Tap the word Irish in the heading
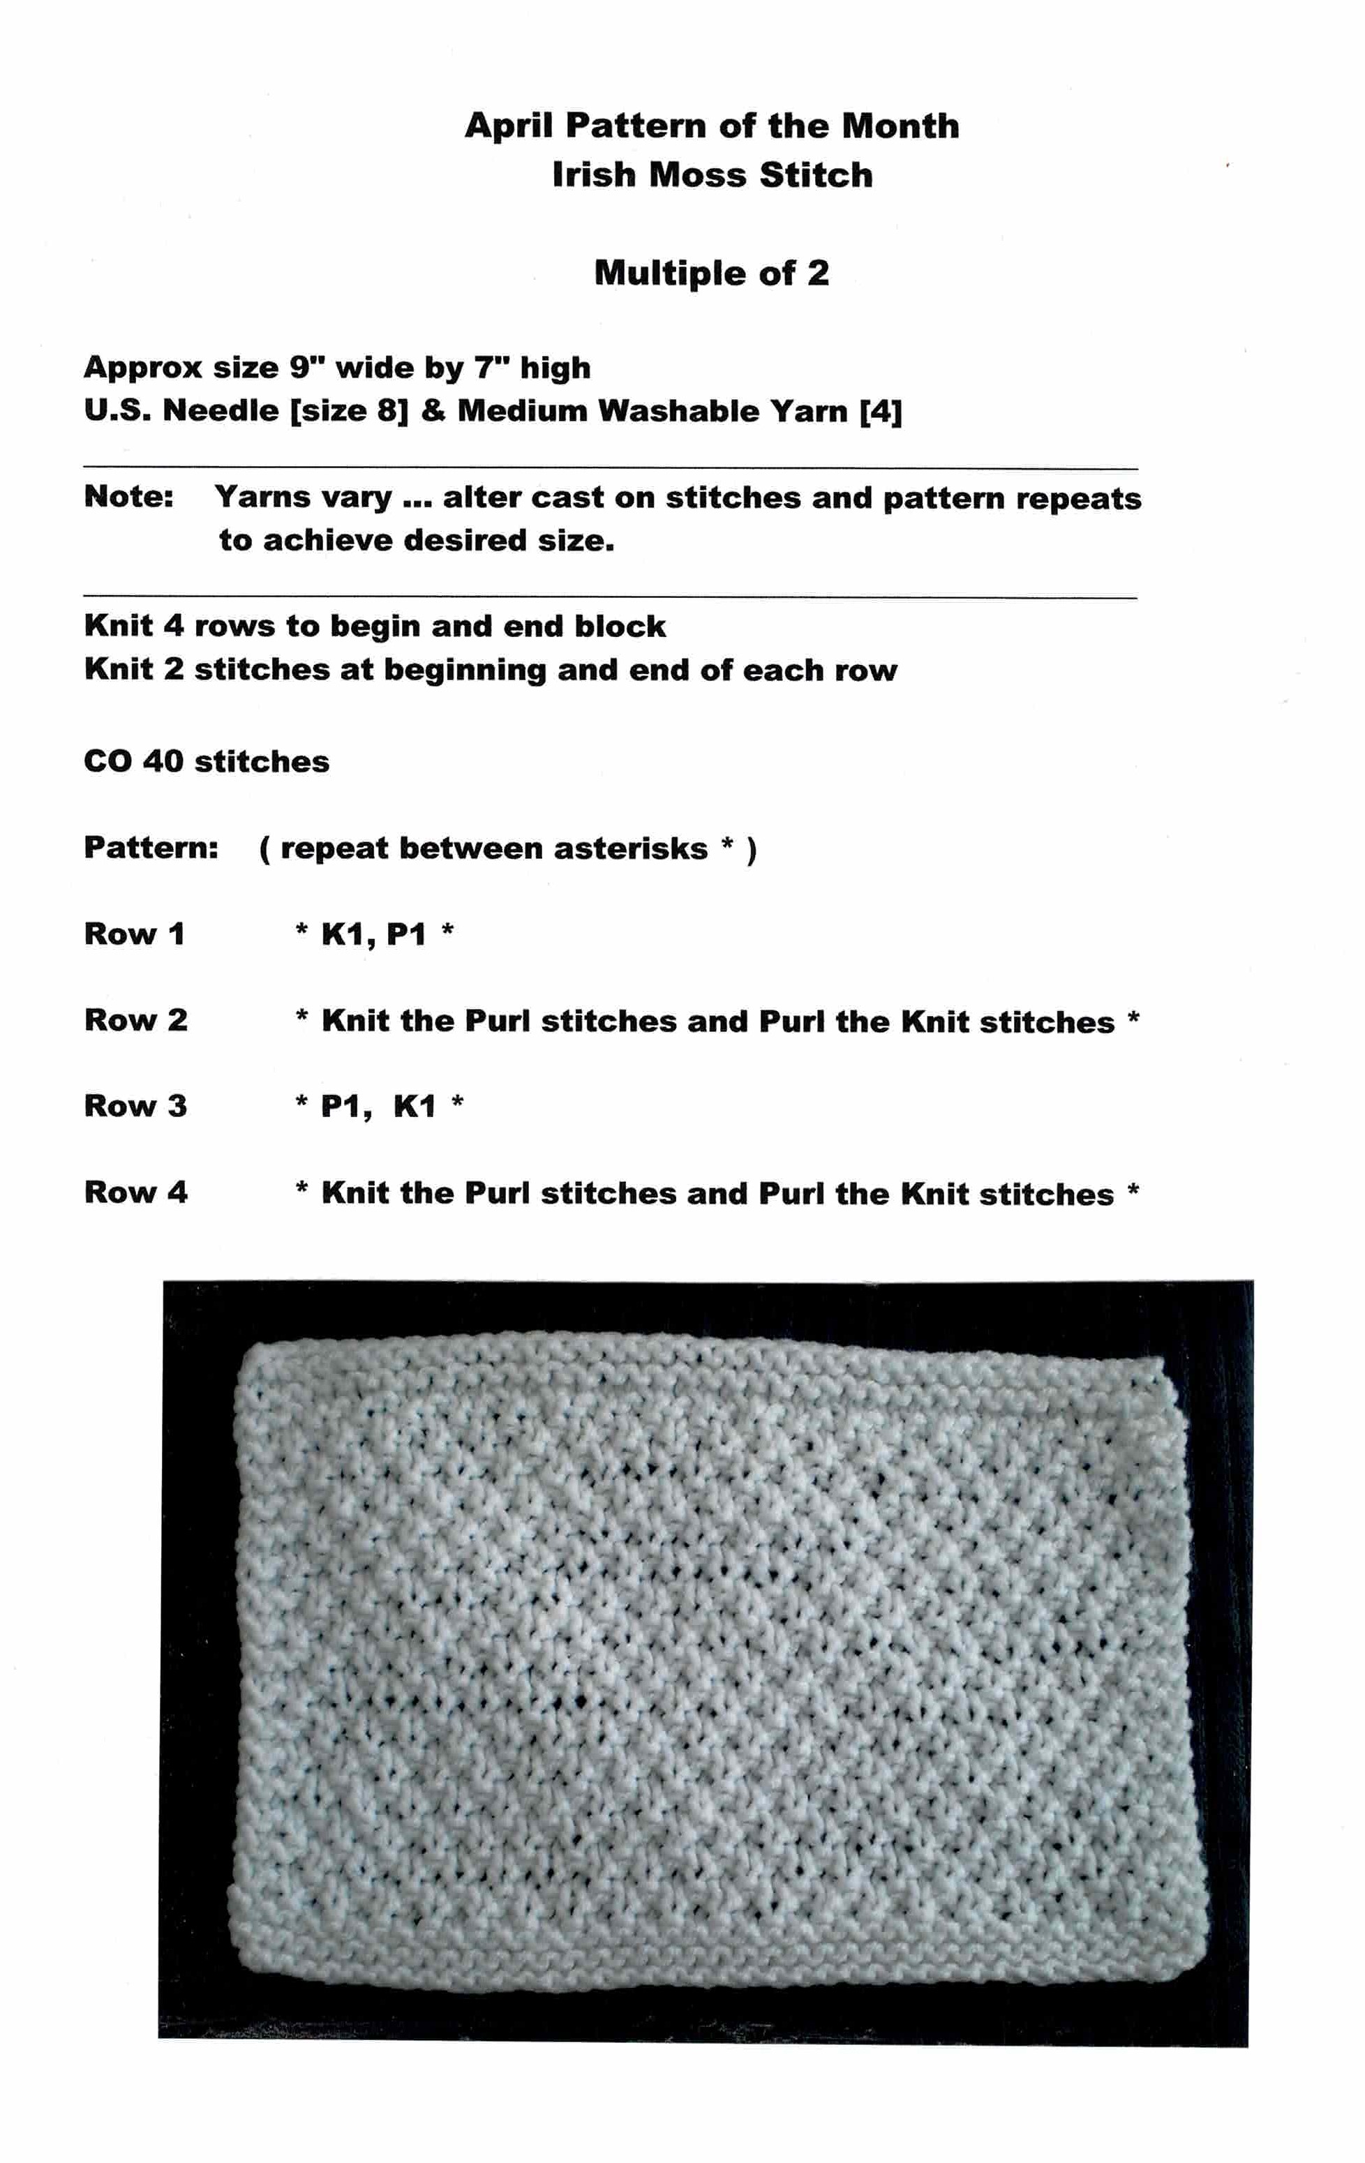point(594,174)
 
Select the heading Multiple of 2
point(711,273)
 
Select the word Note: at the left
point(128,497)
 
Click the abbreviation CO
point(108,762)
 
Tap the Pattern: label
point(151,848)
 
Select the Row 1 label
point(135,934)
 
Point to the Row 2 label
point(135,1020)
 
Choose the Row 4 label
point(135,1193)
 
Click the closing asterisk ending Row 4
point(1133,1191)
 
